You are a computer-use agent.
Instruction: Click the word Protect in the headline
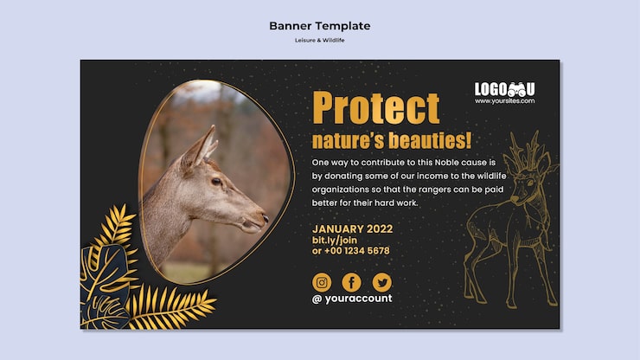tap(376, 107)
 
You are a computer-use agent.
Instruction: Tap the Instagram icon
tap(322, 282)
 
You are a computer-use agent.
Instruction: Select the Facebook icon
tap(351, 282)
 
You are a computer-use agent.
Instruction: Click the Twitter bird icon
tap(382, 282)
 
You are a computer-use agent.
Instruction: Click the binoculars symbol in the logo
tap(516, 89)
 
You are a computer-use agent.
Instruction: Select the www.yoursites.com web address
tap(504, 101)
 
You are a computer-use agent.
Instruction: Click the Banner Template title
tap(320, 26)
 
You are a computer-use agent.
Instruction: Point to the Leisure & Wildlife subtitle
tap(320, 40)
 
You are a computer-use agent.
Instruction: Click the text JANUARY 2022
tap(352, 228)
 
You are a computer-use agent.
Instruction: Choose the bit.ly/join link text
tap(335, 241)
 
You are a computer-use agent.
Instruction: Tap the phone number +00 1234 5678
tap(356, 250)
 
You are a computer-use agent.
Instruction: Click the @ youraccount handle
tap(352, 299)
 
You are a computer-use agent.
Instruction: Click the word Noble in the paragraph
tap(446, 162)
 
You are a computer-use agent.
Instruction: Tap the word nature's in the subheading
tap(349, 140)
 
